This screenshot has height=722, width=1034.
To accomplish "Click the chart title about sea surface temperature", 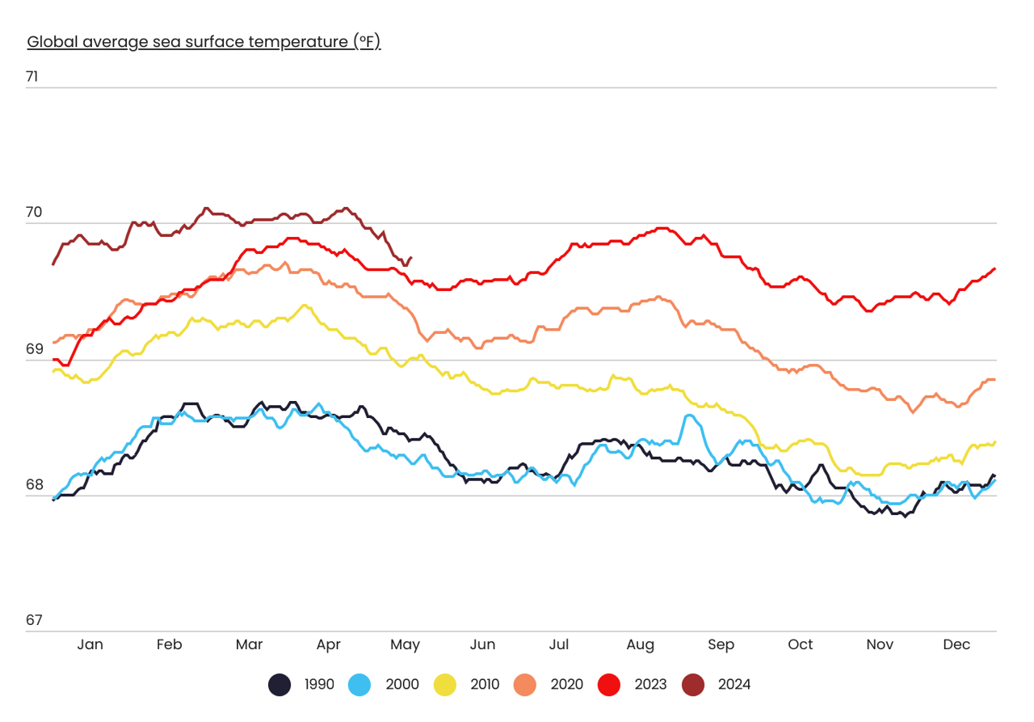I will tap(204, 41).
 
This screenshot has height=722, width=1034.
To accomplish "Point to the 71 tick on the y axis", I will tap(32, 78).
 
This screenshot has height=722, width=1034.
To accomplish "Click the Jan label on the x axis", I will tap(90, 644).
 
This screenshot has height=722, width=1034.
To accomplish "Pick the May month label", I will tap(405, 644).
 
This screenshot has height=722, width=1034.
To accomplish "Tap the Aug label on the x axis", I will tap(640, 644).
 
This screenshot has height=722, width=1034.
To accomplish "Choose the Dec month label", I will tap(956, 644).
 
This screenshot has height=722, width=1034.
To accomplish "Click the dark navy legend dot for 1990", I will tap(280, 685).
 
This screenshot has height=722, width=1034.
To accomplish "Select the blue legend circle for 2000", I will tap(359, 685).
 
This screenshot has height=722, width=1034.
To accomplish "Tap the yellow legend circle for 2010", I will tap(444, 685).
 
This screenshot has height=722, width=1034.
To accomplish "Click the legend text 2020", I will tap(566, 685).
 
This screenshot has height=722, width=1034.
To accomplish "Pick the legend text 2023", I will tap(650, 685).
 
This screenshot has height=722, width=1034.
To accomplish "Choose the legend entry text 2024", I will tap(733, 685).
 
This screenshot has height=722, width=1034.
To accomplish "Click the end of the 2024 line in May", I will tap(411, 258).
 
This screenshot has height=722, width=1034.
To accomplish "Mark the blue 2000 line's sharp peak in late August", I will tap(689, 416).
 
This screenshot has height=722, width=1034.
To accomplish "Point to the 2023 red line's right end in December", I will tap(994, 268).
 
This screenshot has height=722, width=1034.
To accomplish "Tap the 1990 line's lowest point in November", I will tap(905, 516).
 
